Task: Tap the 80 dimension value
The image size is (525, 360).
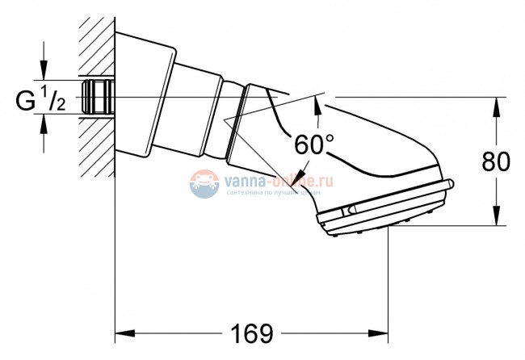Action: pos(496,161)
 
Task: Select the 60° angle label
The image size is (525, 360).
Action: pos(313,146)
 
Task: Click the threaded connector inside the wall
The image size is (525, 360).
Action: pos(98,96)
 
